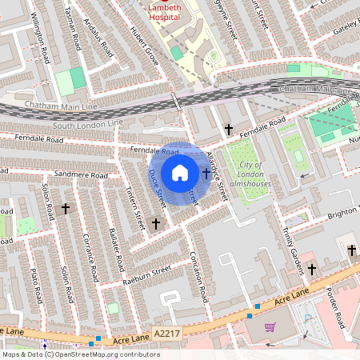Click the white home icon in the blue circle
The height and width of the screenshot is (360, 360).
tap(180, 173)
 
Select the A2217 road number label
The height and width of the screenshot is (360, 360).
tap(167, 334)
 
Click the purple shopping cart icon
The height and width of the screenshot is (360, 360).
tap(270, 326)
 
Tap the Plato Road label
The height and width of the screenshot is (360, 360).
tap(34, 284)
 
